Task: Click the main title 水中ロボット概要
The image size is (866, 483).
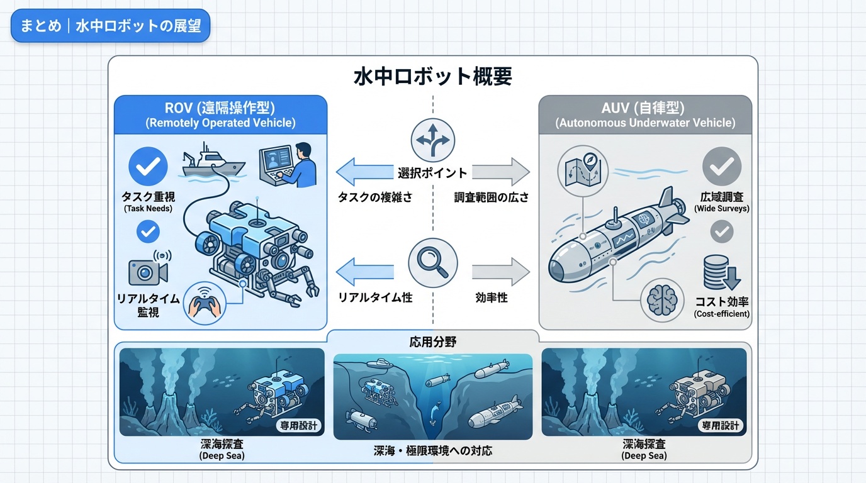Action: click(x=433, y=77)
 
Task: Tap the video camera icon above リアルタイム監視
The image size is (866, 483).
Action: click(x=148, y=270)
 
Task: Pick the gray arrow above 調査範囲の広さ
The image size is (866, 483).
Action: click(x=501, y=172)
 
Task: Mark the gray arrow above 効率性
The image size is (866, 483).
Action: click(x=501, y=272)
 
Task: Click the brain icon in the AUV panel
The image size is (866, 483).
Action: click(x=661, y=300)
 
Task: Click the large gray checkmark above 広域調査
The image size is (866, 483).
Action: click(x=721, y=166)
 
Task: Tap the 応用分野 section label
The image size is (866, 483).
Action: click(x=432, y=343)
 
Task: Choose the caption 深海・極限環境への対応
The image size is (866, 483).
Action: click(x=432, y=451)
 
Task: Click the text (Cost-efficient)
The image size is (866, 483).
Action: click(x=721, y=314)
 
